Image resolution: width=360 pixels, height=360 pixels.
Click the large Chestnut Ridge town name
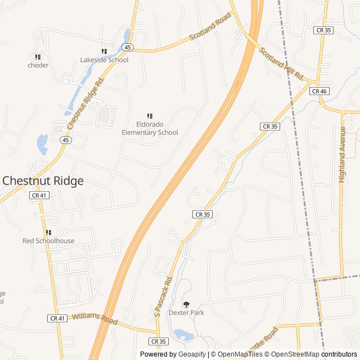pos(43,181)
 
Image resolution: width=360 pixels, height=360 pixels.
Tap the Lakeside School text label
pos(104,60)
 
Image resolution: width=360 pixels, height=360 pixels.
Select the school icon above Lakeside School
pos(104,51)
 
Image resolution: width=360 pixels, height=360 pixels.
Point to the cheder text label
pos(38,65)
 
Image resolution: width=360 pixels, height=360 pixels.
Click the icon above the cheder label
pos(38,57)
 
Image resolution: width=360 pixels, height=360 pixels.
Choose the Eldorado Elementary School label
pos(150,128)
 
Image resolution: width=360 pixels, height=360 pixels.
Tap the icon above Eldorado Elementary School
pos(150,116)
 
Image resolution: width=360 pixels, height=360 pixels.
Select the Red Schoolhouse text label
pos(48,241)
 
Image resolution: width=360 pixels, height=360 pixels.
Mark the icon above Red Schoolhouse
pos(48,232)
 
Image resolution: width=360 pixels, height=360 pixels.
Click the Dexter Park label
pos(186,313)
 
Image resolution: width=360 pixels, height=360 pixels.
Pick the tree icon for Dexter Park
pos(187,304)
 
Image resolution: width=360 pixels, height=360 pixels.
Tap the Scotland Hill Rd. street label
pos(281,64)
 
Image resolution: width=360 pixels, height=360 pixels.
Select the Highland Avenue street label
pos(342,155)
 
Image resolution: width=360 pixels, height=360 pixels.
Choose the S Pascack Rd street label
pos(161,295)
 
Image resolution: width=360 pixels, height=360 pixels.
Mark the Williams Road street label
pos(94,319)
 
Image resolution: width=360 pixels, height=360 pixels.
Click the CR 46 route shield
pos(318,91)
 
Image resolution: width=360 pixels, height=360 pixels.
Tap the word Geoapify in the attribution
pos(192,354)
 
